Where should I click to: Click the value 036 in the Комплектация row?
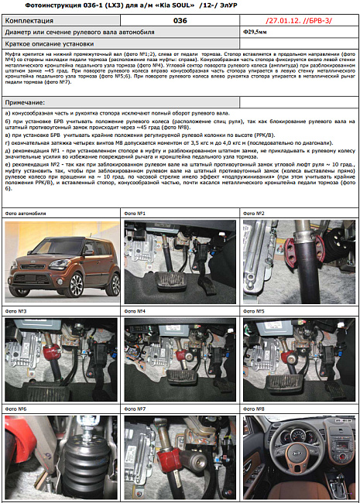pyautogui.click(x=180, y=21)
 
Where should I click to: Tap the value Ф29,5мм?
pyautogui.click(x=255, y=33)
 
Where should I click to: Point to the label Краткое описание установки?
pyautogui.click(x=46, y=44)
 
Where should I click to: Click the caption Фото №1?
pyautogui.click(x=135, y=213)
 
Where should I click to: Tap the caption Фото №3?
pyautogui.click(x=17, y=310)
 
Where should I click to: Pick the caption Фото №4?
pyautogui.click(x=135, y=310)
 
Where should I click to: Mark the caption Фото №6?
pyautogui.click(x=17, y=408)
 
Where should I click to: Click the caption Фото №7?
pyautogui.click(x=135, y=408)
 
